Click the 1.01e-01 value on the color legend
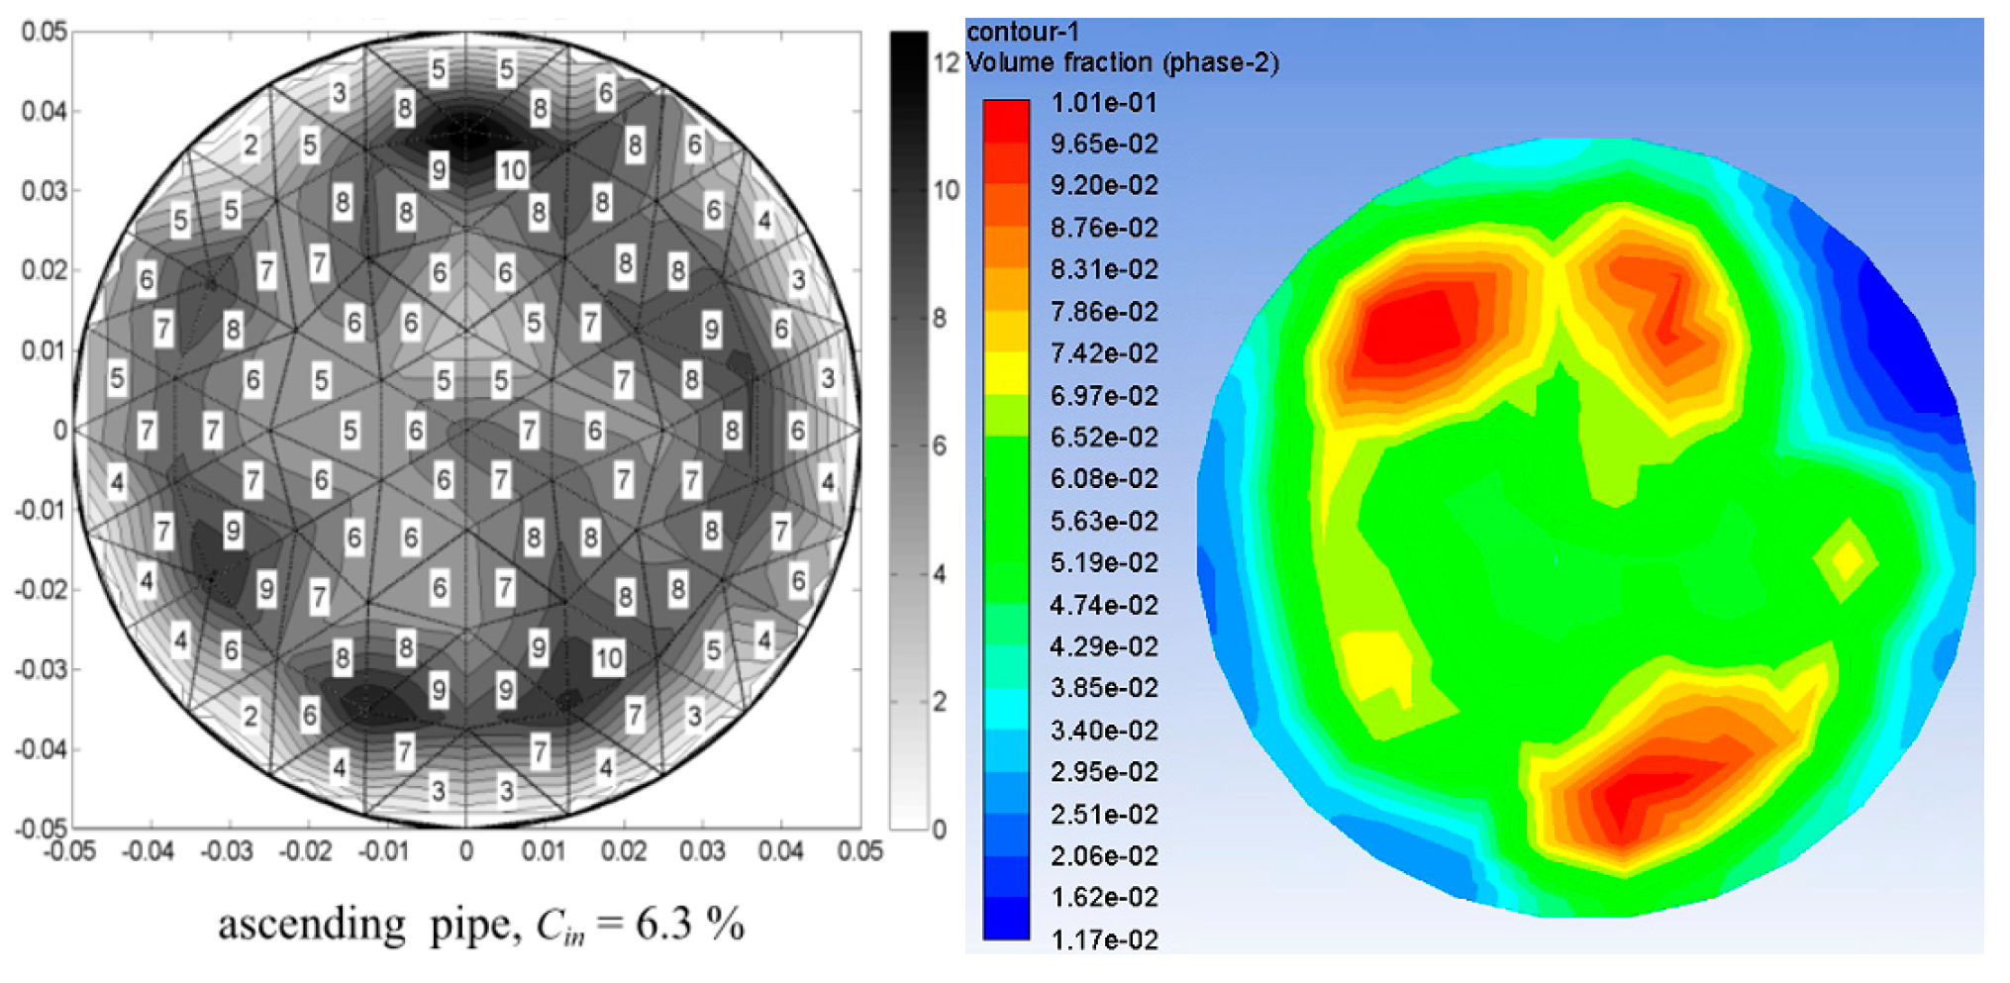pos(1103,103)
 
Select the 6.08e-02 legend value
pos(1103,479)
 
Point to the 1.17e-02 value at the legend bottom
pos(1103,939)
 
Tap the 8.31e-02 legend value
pos(1103,269)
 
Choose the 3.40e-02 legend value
pos(1103,731)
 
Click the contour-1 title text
pos(1022,33)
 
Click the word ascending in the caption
pos(311,926)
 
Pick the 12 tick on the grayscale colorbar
pos(946,62)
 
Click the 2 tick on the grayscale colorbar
pos(940,702)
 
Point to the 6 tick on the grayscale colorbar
pos(940,446)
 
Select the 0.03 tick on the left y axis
pos(44,190)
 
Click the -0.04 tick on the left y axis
pos(40,749)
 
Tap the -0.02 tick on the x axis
pos(305,851)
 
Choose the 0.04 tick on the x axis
pos(780,851)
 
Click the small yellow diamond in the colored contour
pos(1846,560)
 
